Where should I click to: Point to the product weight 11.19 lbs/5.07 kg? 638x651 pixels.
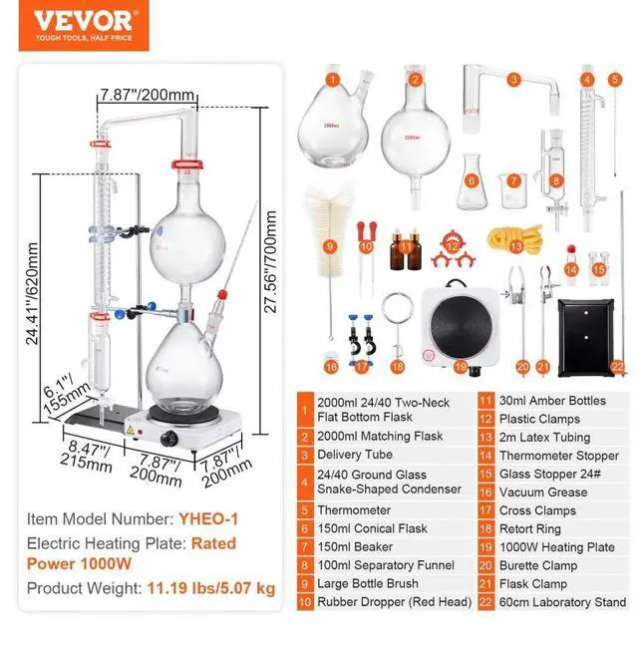point(210,588)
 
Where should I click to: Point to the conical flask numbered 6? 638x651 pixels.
point(471,183)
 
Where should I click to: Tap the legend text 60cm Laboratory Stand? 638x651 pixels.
point(563,602)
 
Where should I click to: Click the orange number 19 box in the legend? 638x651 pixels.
point(486,547)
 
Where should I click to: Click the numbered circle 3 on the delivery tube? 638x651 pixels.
point(514,79)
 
